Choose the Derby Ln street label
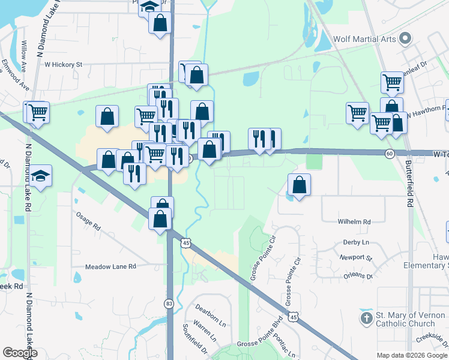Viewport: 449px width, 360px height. pyautogui.click(x=356, y=242)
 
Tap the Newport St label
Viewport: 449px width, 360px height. pyautogui.click(x=355, y=257)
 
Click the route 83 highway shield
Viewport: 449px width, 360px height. pyautogui.click(x=169, y=304)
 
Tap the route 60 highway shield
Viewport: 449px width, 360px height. pyautogui.click(x=390, y=154)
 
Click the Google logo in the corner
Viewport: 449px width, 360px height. pyautogui.click(x=20, y=353)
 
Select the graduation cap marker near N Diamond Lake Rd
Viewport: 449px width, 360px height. pyautogui.click(x=41, y=176)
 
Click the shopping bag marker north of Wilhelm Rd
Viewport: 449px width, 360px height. pyautogui.click(x=299, y=185)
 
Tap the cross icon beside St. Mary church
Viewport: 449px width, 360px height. pyautogui.click(x=366, y=317)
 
